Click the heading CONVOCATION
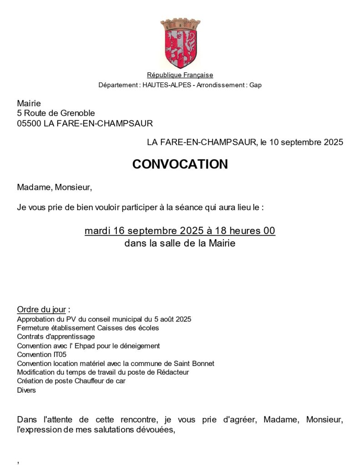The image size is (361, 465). coord(180,164)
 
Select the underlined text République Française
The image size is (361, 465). coord(180,75)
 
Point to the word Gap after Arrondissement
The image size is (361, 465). coord(256,85)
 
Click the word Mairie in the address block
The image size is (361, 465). coord(29,104)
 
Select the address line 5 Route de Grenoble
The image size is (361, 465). coord(56,113)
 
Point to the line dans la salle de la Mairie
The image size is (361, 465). coord(180,243)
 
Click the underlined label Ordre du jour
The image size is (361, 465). coord(41,310)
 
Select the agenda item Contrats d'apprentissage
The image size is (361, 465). coord(56,336)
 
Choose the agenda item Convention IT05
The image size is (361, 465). coord(41,354)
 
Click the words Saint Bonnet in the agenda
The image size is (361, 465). coord(195,363)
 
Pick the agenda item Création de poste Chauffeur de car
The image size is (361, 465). coord(71,381)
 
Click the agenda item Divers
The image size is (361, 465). coord(26,390)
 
